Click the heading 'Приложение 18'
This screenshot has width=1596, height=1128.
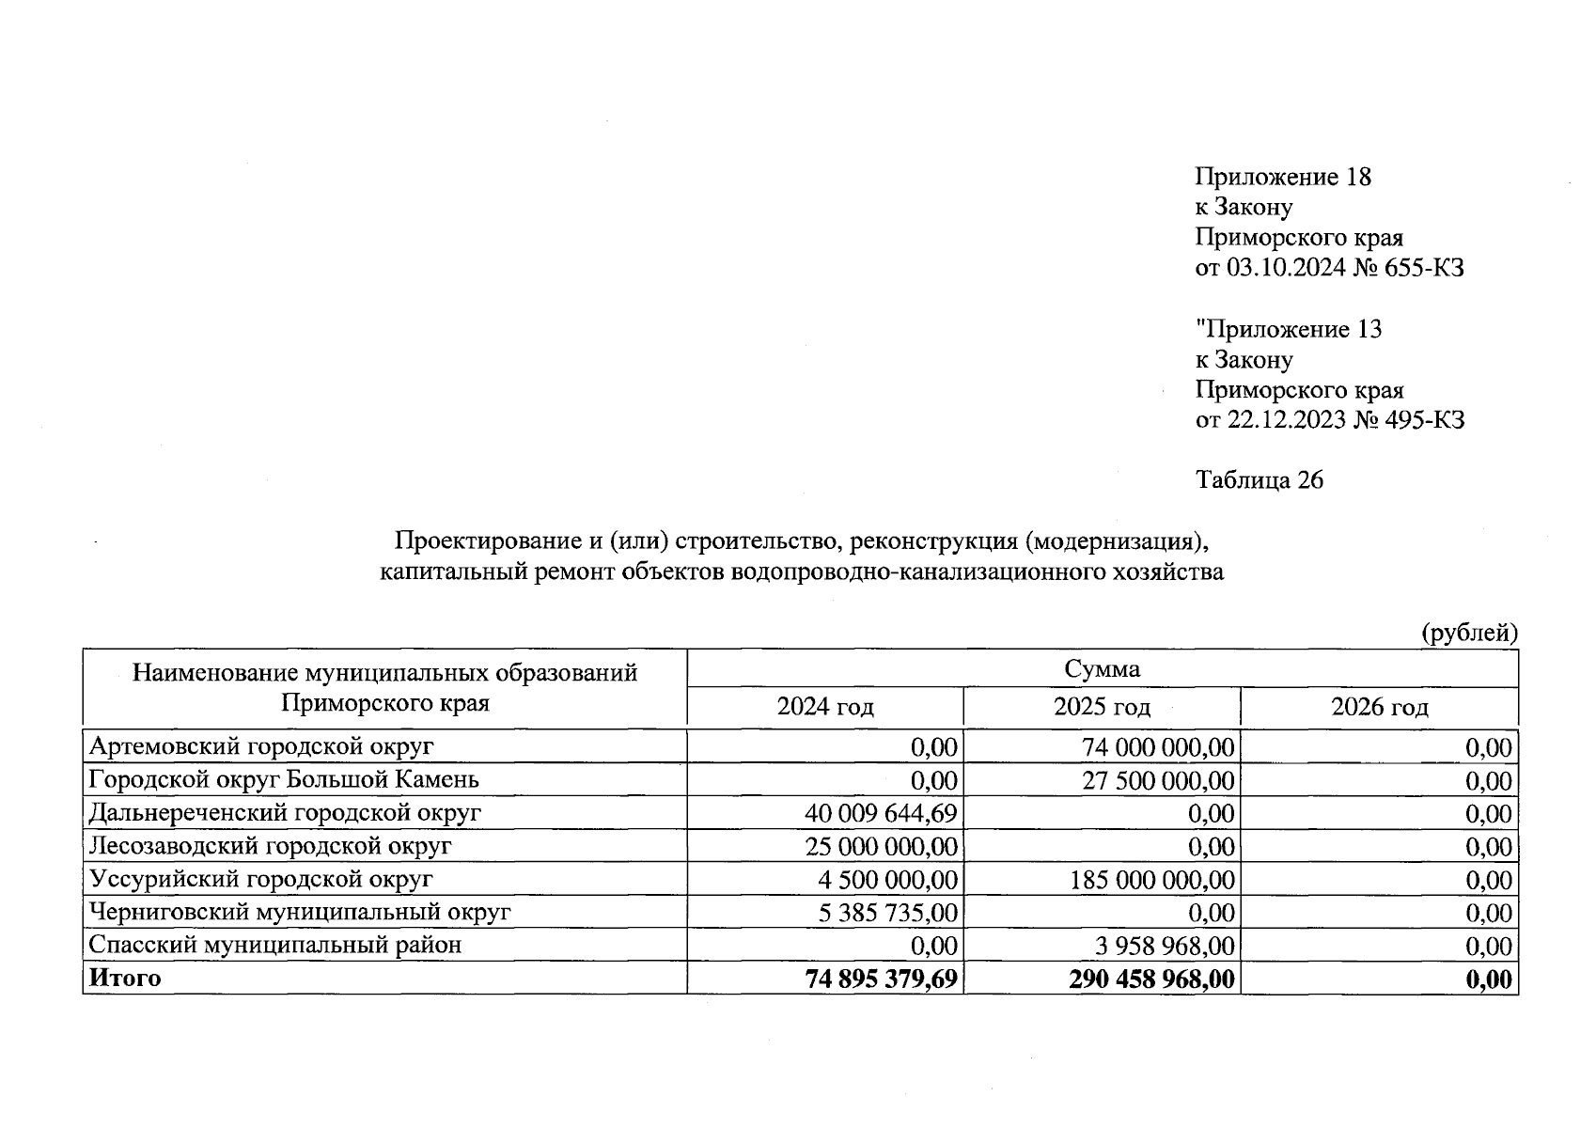pyautogui.click(x=1283, y=177)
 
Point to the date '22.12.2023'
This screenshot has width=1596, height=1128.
pyautogui.click(x=1287, y=419)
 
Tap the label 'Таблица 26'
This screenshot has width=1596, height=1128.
pyautogui.click(x=1259, y=480)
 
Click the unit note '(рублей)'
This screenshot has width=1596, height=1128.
pyautogui.click(x=1469, y=633)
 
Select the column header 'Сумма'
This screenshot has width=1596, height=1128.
pyautogui.click(x=1102, y=668)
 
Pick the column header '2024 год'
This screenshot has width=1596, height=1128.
pyautogui.click(x=824, y=707)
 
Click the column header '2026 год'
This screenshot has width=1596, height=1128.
pyautogui.click(x=1379, y=707)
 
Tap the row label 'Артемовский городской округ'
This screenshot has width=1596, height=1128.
pyautogui.click(x=261, y=746)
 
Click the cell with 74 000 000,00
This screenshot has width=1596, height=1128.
pyautogui.click(x=1158, y=747)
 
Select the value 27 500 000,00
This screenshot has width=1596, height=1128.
pyautogui.click(x=1158, y=780)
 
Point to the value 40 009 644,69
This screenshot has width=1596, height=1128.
pyautogui.click(x=881, y=813)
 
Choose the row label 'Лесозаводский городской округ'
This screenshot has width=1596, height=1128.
pyautogui.click(x=270, y=846)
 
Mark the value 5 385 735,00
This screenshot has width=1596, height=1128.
pyautogui.click(x=887, y=913)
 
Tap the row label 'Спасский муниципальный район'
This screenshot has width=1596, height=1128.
pyautogui.click(x=274, y=945)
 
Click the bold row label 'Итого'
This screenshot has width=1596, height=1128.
pyautogui.click(x=125, y=979)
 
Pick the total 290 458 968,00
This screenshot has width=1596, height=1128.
pyautogui.click(x=1151, y=979)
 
